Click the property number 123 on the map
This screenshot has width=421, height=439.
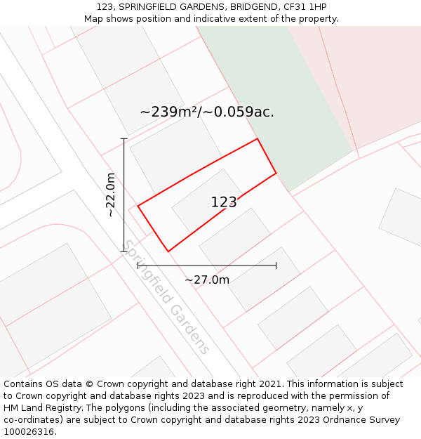coord(224,202)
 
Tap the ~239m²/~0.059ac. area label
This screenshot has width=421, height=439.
coord(207,112)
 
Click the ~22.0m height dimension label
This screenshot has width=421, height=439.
coord(111,195)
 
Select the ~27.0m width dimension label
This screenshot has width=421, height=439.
coord(207,280)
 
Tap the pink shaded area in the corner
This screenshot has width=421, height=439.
coord(372,77)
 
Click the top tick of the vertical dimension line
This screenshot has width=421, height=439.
coord(124,139)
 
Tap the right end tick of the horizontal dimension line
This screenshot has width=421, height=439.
coord(276,266)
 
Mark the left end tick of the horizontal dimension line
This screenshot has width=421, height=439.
coord(138,266)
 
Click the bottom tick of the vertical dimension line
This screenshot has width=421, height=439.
coord(124,251)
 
